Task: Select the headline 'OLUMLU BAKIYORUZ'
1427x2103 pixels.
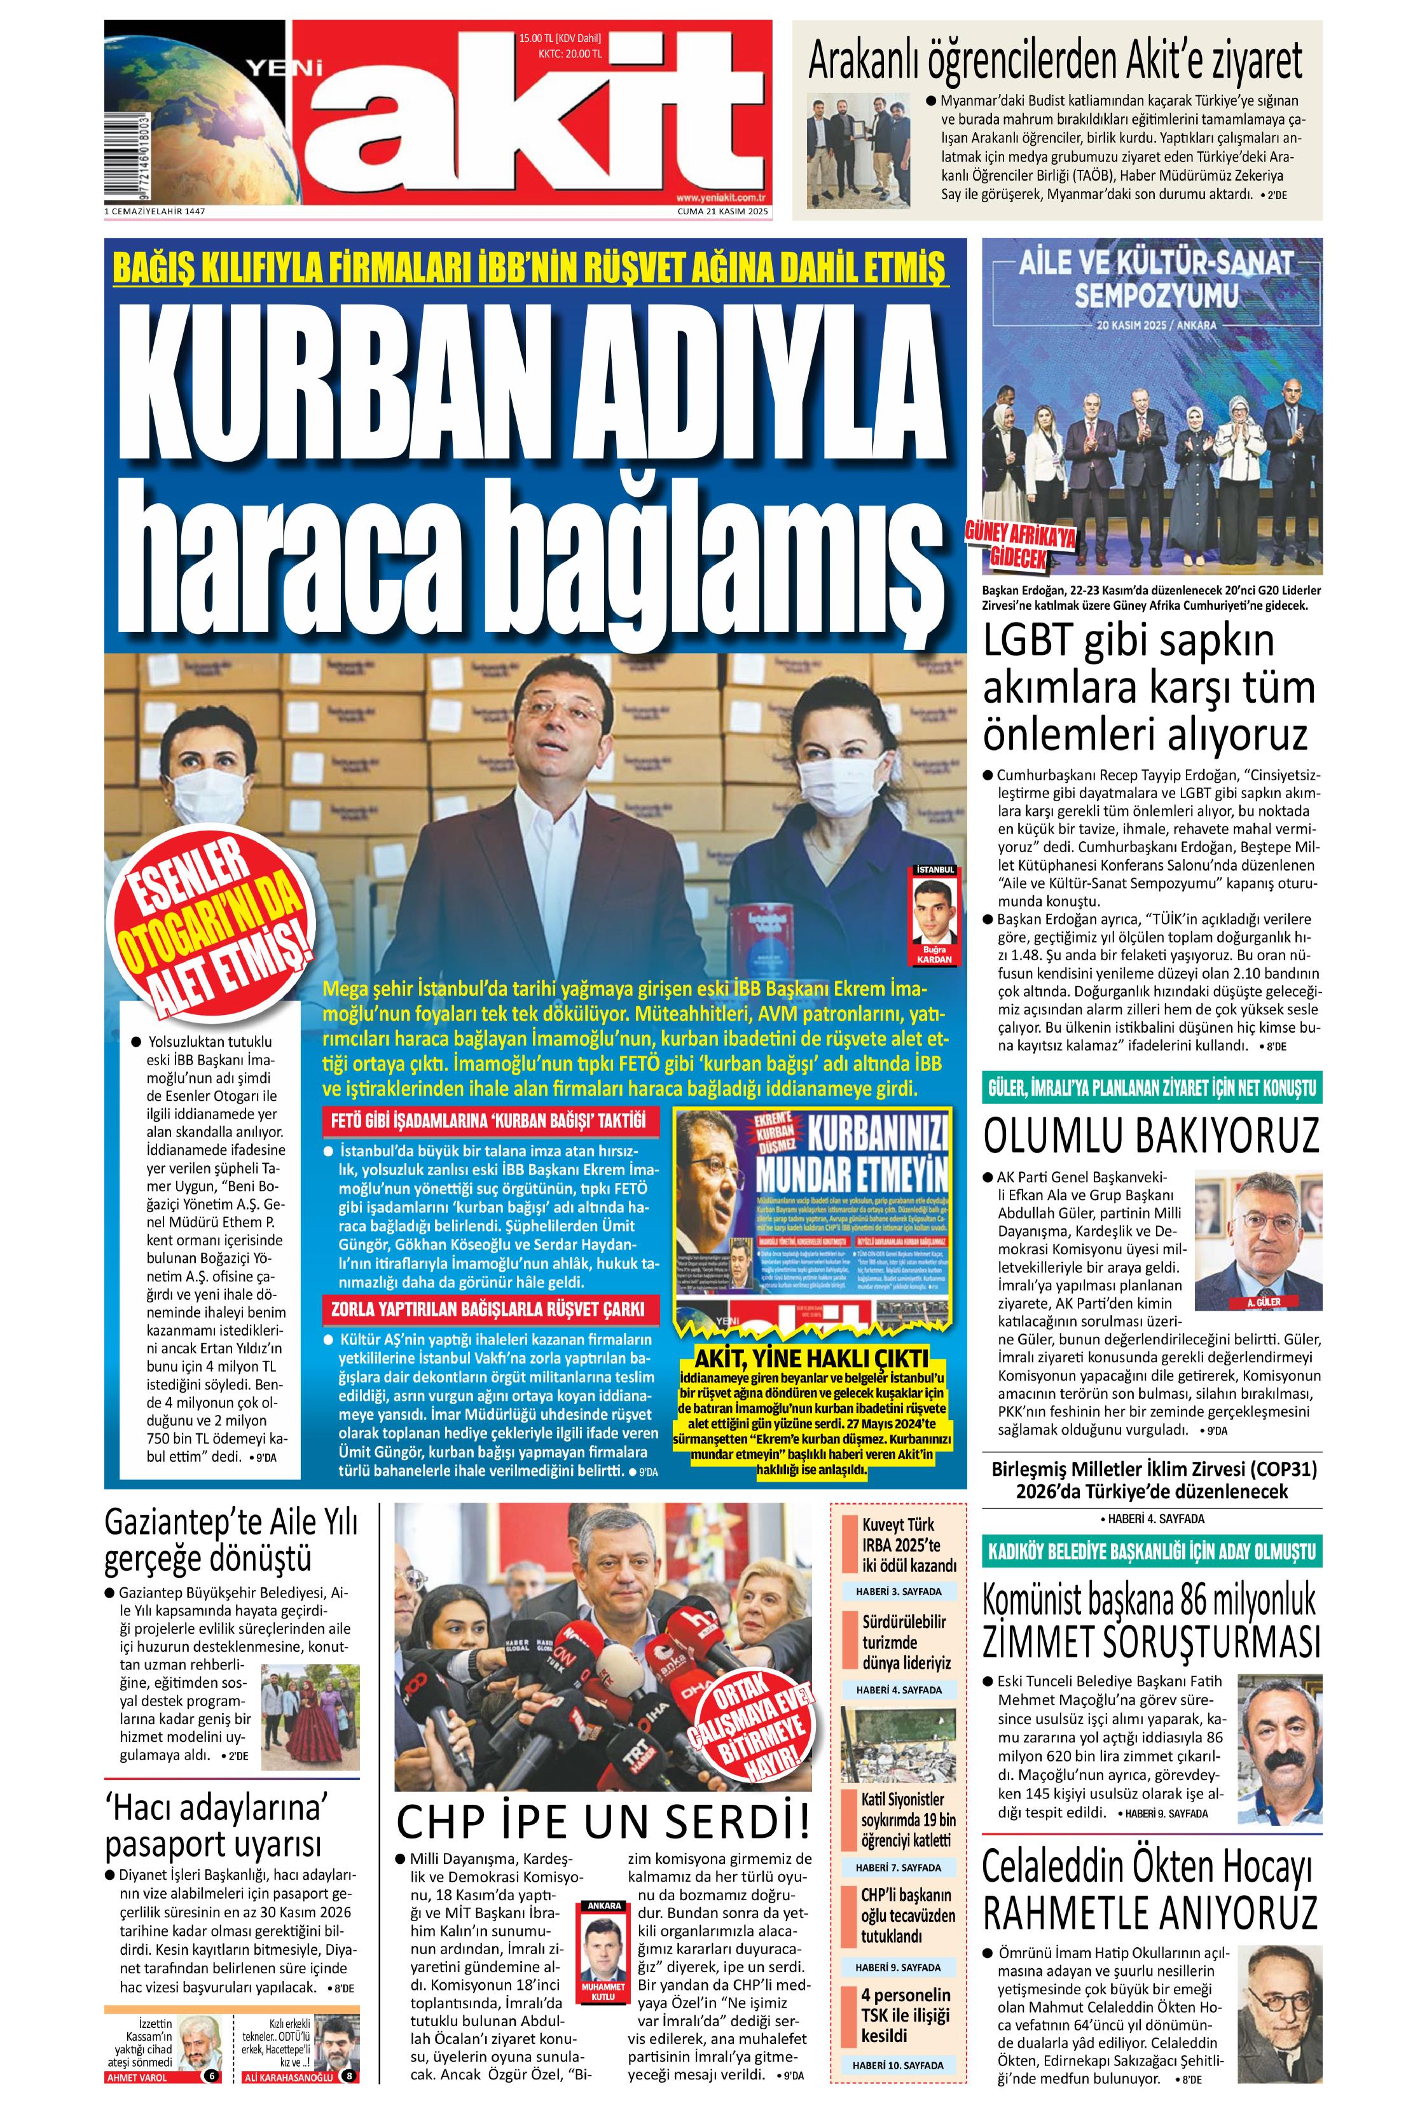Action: (1151, 1136)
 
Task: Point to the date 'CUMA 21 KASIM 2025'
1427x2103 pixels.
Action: (722, 212)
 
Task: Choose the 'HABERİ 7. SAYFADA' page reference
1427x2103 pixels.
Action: (898, 1867)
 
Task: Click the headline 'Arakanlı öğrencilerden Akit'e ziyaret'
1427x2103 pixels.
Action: (1055, 62)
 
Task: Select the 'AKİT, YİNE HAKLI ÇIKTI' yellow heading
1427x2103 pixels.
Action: (811, 1358)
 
